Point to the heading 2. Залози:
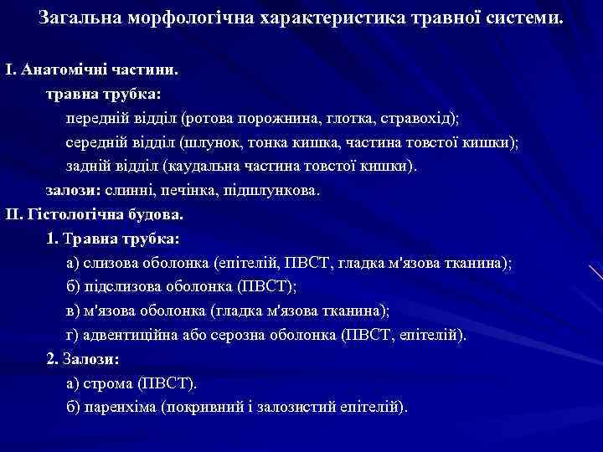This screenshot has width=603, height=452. (x=83, y=359)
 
